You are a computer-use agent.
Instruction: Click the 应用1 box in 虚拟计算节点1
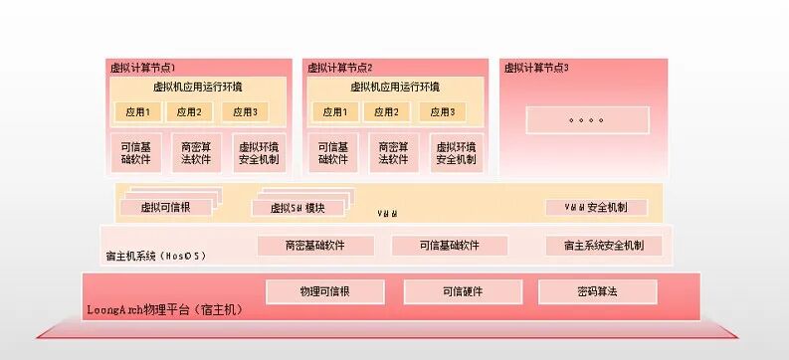click(x=135, y=111)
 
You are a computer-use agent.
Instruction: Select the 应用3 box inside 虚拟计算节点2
click(x=443, y=111)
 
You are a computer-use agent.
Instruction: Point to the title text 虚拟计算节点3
click(x=536, y=68)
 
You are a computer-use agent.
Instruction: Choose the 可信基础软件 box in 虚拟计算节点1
click(x=135, y=152)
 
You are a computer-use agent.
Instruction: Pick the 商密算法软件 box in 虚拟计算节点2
click(x=392, y=152)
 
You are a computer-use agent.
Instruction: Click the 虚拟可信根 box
click(x=165, y=208)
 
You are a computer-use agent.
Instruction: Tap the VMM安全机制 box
click(x=595, y=207)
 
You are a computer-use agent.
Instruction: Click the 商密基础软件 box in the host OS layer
click(x=314, y=245)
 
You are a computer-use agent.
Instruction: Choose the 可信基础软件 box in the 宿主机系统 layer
click(x=449, y=245)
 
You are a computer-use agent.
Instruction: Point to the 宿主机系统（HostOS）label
click(x=156, y=256)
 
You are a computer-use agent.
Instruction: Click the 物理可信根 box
click(x=324, y=291)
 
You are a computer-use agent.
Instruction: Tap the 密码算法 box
click(x=597, y=291)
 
